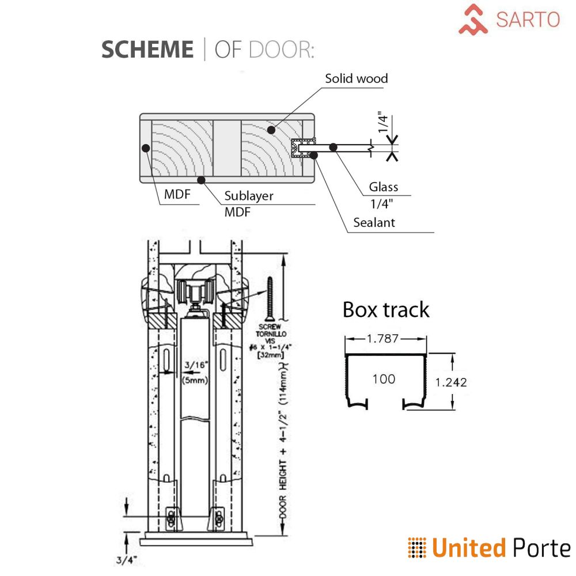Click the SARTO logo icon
[473, 18]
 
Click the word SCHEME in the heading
[147, 50]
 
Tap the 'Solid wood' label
[356, 78]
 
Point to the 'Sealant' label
[374, 222]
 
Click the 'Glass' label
[384, 187]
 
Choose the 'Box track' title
[386, 309]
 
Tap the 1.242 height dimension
[451, 381]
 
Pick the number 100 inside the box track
[384, 378]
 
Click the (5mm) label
[195, 380]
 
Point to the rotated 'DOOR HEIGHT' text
[283, 472]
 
